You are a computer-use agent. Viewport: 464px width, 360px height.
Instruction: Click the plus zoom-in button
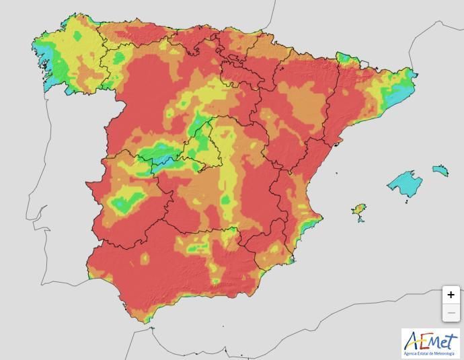(451, 295)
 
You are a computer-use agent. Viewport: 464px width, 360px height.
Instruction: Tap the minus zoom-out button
(451, 313)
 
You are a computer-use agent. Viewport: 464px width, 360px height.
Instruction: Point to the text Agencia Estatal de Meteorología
(430, 353)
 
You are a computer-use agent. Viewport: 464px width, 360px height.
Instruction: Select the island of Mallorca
(405, 184)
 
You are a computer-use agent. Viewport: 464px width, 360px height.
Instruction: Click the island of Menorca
(440, 170)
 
